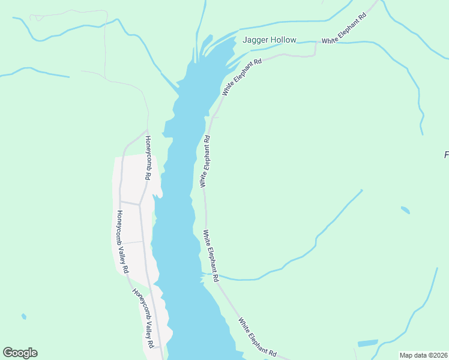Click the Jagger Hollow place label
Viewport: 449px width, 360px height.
pyautogui.click(x=270, y=40)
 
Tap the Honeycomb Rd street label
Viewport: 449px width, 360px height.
pyautogui.click(x=147, y=158)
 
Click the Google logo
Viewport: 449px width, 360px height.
pyautogui.click(x=20, y=353)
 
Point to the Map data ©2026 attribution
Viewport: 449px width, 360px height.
pyautogui.click(x=423, y=355)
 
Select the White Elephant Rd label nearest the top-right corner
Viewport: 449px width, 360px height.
pyautogui.click(x=343, y=30)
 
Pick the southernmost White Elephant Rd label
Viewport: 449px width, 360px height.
pyautogui.click(x=257, y=337)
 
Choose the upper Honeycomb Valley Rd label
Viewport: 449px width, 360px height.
pyautogui.click(x=122, y=242)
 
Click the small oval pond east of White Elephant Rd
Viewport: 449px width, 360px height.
pyautogui.click(x=405, y=210)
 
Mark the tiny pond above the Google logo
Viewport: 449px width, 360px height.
pyautogui.click(x=23, y=316)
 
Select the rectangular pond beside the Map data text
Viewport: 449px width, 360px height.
pyautogui.click(x=367, y=343)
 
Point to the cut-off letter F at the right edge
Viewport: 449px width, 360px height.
pyautogui.click(x=446, y=155)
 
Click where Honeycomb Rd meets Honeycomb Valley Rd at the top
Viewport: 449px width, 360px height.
pyautogui.click(x=146, y=130)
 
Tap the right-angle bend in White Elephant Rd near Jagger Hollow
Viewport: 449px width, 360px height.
pyautogui.click(x=315, y=55)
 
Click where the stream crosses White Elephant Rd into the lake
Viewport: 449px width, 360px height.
pyautogui.click(x=210, y=275)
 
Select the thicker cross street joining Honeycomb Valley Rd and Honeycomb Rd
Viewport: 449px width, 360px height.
pyautogui.click(x=129, y=202)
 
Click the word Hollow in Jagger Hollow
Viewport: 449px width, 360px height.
pyautogui.click(x=283, y=40)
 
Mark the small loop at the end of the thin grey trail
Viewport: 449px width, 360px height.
pyautogui.click(x=39, y=18)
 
